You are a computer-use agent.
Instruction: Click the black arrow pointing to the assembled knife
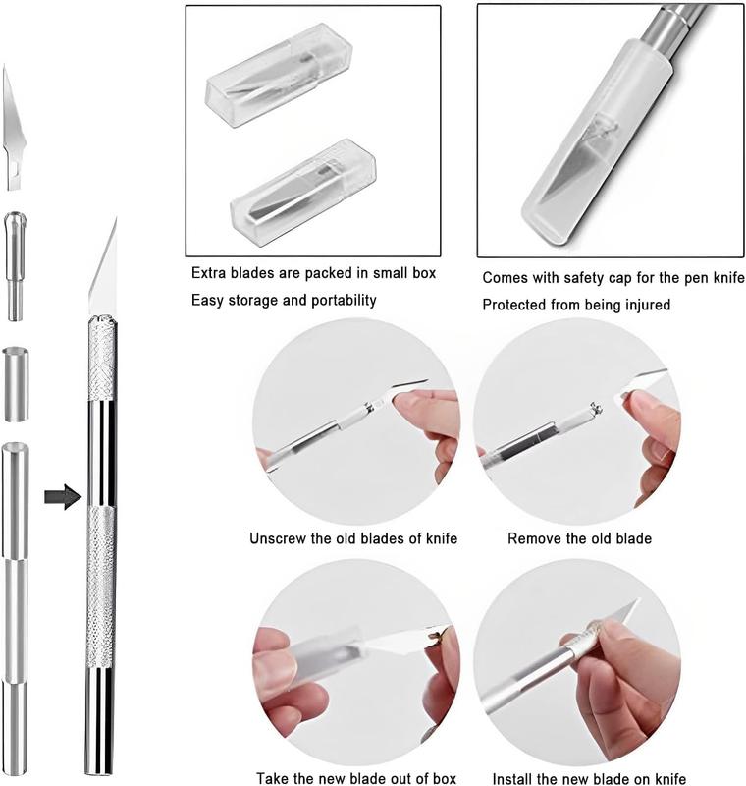point(63,497)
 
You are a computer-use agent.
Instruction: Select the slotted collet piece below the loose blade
point(15,266)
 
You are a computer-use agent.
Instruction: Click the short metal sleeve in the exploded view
point(16,384)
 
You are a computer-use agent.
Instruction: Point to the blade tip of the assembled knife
point(116,218)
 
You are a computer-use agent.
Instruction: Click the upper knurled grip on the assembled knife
point(103,359)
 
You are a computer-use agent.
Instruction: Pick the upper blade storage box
point(279,75)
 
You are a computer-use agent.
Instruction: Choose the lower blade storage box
point(303,193)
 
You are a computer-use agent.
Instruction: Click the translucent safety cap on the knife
point(596,142)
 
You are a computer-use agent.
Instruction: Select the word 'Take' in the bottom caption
point(272,778)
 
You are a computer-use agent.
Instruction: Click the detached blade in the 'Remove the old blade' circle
point(642,384)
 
